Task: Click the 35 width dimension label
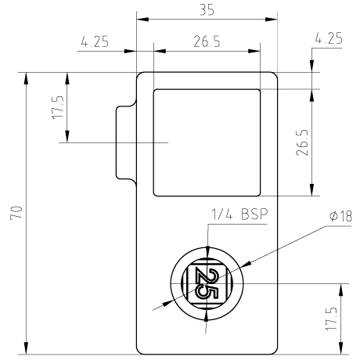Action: tap(207, 10)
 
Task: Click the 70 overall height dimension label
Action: tap(16, 213)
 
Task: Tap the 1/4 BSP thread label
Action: tap(239, 214)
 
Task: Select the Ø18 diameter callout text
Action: tap(340, 216)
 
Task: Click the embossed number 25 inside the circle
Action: tap(207, 283)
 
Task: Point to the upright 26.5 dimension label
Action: tap(207, 41)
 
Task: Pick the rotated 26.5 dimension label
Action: tap(302, 142)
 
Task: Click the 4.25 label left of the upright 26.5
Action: tap(95, 41)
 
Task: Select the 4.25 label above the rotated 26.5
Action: tap(329, 38)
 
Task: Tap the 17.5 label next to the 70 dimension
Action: tap(58, 107)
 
